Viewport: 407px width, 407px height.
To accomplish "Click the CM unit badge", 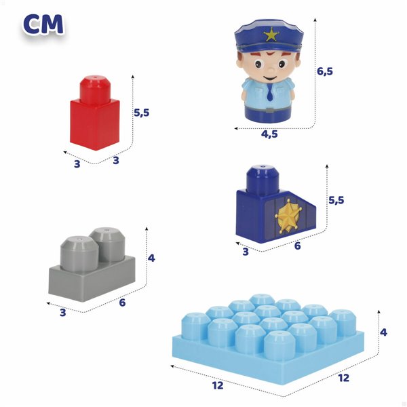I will click(x=43, y=24).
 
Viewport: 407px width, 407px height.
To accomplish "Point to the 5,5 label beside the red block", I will click(x=142, y=113).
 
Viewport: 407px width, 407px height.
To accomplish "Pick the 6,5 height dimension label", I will click(x=326, y=71).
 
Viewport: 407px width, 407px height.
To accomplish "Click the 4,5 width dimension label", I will click(x=269, y=134).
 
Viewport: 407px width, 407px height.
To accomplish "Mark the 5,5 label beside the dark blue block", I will click(x=336, y=200).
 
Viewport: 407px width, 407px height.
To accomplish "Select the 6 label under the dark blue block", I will click(x=296, y=247).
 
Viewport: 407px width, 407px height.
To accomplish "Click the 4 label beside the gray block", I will click(x=151, y=258).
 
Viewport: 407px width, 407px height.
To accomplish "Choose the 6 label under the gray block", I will click(x=122, y=303).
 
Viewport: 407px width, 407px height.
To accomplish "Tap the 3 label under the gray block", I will click(x=62, y=313).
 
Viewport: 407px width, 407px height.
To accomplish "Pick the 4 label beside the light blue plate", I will click(x=383, y=332).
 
